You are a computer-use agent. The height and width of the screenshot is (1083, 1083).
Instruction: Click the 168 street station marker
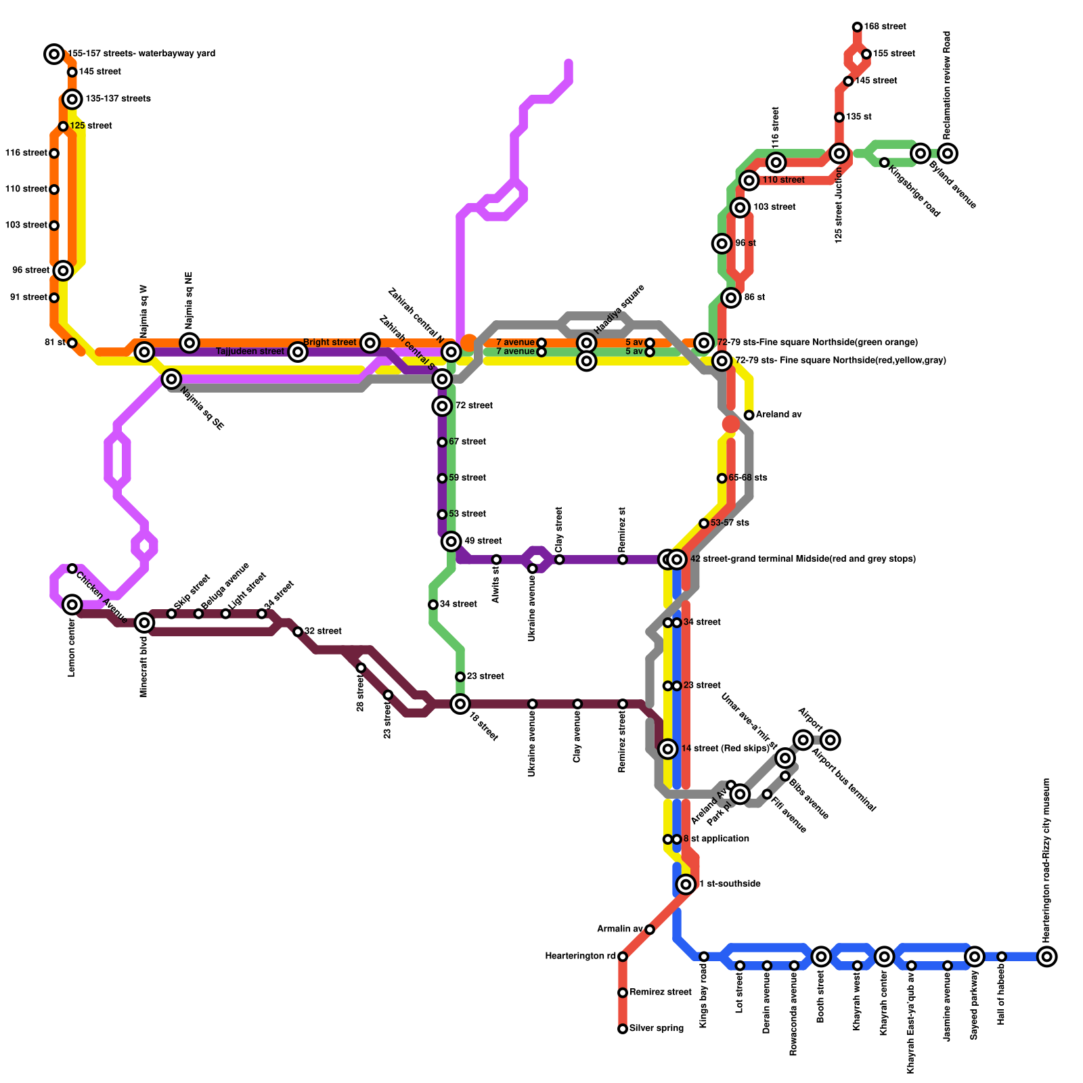coord(857,27)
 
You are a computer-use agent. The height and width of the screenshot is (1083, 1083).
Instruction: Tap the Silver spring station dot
coord(623,1029)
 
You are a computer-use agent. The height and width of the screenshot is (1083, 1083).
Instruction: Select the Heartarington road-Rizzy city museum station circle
coord(1047,956)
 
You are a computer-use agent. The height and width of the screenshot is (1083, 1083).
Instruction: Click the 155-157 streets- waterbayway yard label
coord(141,53)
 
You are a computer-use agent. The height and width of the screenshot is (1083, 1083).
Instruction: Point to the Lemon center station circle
coord(72,604)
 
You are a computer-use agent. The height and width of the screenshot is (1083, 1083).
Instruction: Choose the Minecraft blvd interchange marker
coord(144,623)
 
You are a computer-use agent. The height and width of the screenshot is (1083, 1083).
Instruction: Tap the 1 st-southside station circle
coord(686,884)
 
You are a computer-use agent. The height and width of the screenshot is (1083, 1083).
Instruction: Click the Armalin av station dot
coord(650,929)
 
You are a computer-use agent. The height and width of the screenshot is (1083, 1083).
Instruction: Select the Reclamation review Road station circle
coord(948,154)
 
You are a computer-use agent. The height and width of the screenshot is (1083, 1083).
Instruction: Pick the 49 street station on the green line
coord(451,541)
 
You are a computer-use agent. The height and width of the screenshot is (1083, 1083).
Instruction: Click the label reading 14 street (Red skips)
coord(725,749)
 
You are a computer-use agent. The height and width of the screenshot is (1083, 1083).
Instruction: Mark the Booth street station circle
coord(821,956)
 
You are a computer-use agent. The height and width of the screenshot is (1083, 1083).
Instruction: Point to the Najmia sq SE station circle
coord(172,379)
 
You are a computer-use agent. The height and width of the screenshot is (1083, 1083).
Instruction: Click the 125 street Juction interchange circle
coord(839,154)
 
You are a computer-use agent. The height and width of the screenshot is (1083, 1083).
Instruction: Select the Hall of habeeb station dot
coord(1002,956)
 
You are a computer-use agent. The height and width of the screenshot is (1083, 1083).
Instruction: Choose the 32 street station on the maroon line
coord(298,632)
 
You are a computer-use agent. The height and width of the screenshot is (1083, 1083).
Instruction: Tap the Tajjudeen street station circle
coord(298,352)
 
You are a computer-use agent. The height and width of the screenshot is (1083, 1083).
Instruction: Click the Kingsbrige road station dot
coord(884,162)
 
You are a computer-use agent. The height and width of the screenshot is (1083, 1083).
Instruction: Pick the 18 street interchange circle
coord(460,704)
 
